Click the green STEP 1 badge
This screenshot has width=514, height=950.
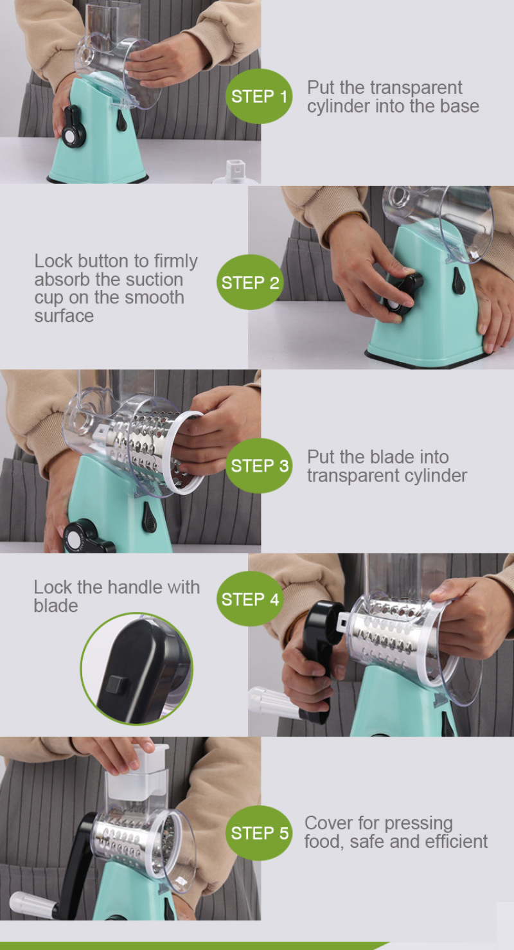click(x=259, y=96)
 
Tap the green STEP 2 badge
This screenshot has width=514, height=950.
click(x=250, y=282)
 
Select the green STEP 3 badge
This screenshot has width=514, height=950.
click(x=259, y=465)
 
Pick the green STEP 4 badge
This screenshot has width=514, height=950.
click(x=250, y=598)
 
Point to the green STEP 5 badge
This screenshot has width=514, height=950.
click(x=259, y=833)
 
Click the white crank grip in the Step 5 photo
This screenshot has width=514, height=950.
click(x=33, y=904)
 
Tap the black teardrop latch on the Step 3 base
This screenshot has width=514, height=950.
click(x=148, y=517)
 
